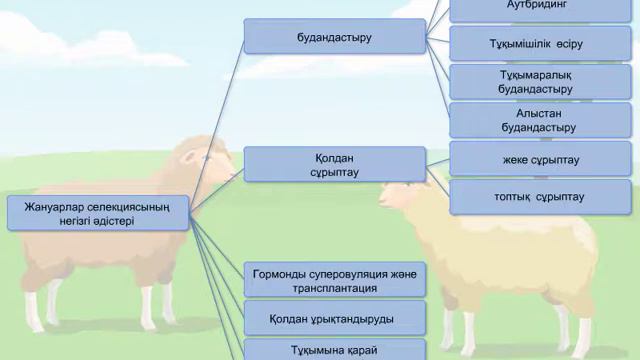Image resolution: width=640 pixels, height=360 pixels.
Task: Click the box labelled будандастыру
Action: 335,36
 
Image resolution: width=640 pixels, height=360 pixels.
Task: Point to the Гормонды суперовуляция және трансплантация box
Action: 335,280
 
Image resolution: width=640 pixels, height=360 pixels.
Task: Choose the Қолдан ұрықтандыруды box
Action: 335,319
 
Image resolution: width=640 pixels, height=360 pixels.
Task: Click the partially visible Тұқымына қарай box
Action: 335,351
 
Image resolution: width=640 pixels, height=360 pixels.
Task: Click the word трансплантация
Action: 335,288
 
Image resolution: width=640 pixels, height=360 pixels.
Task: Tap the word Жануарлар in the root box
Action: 46,207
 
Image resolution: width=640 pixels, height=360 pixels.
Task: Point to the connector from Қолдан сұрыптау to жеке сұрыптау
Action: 438,163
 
